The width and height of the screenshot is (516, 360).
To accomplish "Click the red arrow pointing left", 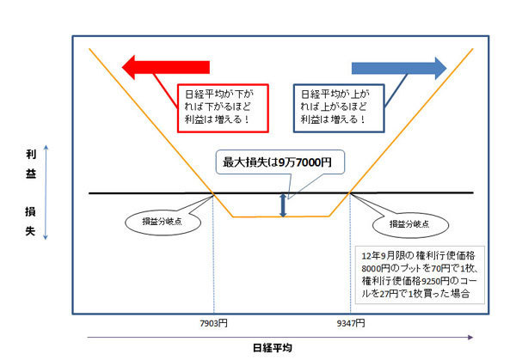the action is click(x=166, y=67).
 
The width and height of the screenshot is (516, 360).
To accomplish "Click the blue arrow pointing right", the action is click(x=399, y=69).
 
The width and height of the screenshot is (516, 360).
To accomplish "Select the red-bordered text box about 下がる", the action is click(x=223, y=108).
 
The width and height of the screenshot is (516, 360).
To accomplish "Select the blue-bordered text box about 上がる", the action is click(x=339, y=108).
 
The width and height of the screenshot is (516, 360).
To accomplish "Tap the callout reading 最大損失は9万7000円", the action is click(x=280, y=162).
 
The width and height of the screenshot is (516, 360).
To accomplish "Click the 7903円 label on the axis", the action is click(x=213, y=324).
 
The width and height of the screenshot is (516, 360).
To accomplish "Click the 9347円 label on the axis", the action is click(x=351, y=324).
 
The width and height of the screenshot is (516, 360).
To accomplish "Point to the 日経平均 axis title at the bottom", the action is click(x=273, y=348).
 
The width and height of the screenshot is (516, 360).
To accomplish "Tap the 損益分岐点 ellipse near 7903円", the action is click(x=163, y=222).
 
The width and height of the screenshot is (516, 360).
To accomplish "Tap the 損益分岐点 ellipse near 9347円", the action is click(x=410, y=225).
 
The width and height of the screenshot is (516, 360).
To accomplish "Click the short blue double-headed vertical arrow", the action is click(x=283, y=205).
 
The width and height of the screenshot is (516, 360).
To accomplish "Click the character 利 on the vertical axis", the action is click(x=31, y=154).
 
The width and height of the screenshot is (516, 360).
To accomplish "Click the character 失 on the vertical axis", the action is click(x=30, y=231).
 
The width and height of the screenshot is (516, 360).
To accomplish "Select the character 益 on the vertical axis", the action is click(x=31, y=174).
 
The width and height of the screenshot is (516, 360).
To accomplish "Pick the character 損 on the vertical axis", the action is click(x=30, y=211).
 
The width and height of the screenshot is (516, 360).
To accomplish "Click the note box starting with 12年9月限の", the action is click(x=420, y=275).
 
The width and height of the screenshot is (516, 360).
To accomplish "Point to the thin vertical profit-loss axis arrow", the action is click(x=46, y=192).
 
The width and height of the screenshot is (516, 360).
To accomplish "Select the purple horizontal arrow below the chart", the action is click(x=280, y=338).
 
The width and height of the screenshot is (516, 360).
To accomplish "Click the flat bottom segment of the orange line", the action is click(x=280, y=217).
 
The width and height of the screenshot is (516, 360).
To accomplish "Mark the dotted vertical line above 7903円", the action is click(x=213, y=253).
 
